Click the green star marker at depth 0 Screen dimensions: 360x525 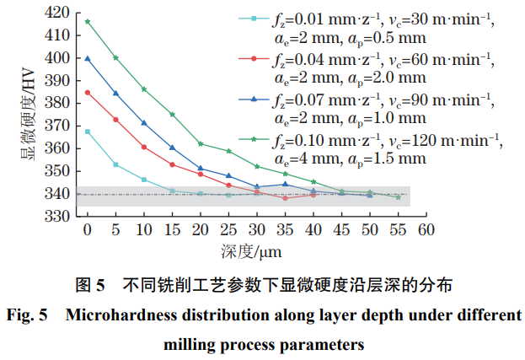click(87, 21)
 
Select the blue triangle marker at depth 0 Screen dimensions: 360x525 click(87, 58)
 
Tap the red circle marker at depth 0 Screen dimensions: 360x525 click(87, 92)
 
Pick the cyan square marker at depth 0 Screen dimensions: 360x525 click(87, 132)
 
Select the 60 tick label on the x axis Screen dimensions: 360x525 click(427, 229)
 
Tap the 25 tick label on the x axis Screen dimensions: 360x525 click(228, 229)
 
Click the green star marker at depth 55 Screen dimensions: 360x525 click(399, 196)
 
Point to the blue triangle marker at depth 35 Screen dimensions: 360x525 click(285, 184)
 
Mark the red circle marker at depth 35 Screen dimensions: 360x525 click(285, 198)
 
